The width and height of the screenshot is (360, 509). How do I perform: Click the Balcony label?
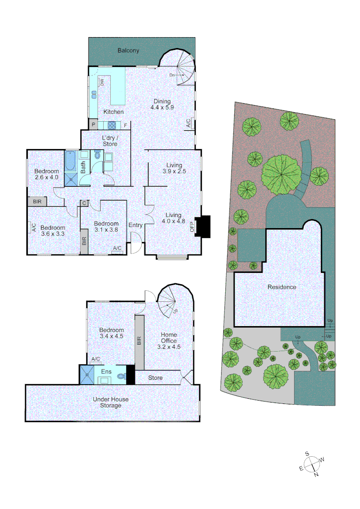(x=128, y=50)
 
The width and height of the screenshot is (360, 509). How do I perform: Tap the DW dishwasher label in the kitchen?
(x=101, y=82)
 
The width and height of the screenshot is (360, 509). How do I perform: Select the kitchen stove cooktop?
(x=113, y=125)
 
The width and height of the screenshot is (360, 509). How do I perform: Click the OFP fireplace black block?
(x=204, y=226)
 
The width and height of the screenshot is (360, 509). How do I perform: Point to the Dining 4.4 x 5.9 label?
(x=162, y=104)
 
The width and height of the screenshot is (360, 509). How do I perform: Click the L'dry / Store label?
(x=110, y=140)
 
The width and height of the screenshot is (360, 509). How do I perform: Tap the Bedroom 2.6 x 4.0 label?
(x=47, y=174)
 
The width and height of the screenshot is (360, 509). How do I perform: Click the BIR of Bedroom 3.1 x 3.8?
(x=84, y=241)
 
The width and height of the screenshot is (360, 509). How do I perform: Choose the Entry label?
(x=135, y=225)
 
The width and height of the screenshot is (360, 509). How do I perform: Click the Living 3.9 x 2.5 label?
(x=174, y=168)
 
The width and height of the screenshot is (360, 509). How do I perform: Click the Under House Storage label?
(x=111, y=402)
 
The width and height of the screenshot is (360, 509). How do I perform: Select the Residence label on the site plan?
(x=282, y=287)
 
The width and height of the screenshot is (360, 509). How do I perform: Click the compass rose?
(x=311, y=465)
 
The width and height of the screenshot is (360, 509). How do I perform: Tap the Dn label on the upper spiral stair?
(x=173, y=75)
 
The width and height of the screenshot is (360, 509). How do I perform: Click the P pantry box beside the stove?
(x=93, y=125)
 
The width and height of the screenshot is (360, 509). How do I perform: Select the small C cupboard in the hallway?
(x=84, y=203)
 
